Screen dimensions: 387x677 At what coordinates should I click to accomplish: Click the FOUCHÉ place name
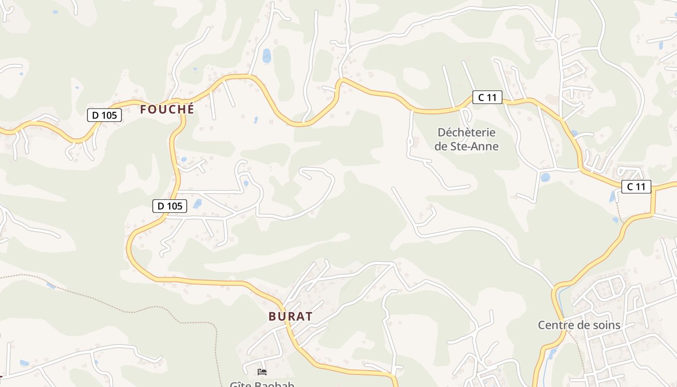(x=167, y=109)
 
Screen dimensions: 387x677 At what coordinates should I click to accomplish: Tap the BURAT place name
(x=290, y=316)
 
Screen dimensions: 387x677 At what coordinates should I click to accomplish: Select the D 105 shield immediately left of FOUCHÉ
(x=104, y=115)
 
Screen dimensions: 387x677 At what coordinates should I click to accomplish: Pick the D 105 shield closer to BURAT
(x=170, y=206)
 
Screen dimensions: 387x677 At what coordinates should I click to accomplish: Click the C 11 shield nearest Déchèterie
(x=487, y=97)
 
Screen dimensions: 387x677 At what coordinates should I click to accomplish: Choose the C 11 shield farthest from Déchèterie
(x=636, y=187)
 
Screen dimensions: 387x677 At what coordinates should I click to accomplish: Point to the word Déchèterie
(x=466, y=133)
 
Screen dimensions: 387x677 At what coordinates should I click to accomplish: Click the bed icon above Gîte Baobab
(x=262, y=372)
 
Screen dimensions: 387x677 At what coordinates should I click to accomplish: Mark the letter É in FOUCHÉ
(x=190, y=109)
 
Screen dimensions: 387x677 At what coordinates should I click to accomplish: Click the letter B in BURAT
(x=272, y=316)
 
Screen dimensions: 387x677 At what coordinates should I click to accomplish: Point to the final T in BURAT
(x=309, y=316)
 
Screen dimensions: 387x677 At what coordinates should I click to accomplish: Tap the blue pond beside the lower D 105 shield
(x=197, y=204)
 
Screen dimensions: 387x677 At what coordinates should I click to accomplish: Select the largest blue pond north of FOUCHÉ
(x=266, y=56)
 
